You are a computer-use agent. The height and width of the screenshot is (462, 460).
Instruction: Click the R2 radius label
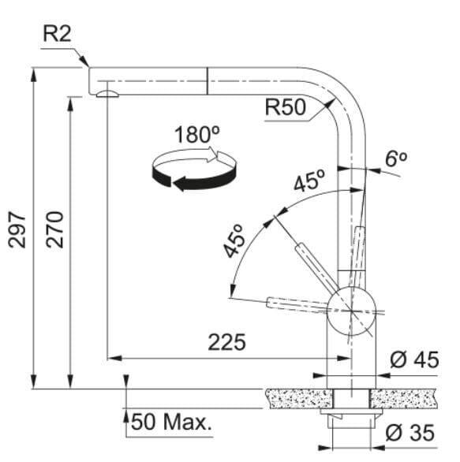(x=58, y=34)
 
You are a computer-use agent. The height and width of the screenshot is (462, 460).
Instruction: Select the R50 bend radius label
(x=285, y=106)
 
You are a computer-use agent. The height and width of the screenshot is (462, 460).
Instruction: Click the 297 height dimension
(x=17, y=229)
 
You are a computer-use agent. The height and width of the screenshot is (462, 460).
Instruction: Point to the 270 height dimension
(x=54, y=229)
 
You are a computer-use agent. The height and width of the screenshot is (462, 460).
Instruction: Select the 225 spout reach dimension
(x=226, y=342)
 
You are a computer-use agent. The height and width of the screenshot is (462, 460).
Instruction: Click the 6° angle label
(x=396, y=159)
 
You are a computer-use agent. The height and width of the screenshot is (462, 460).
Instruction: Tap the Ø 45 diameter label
(x=414, y=360)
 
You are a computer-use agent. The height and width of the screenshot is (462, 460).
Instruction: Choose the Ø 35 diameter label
(x=410, y=433)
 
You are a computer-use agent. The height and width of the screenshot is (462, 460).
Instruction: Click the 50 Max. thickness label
(x=171, y=421)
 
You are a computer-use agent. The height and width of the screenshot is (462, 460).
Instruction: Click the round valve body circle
(x=351, y=311)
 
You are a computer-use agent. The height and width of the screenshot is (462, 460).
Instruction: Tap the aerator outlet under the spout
(x=107, y=94)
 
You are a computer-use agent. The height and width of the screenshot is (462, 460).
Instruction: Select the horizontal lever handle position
(x=297, y=304)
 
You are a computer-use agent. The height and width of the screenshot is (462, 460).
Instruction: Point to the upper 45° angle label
(x=309, y=180)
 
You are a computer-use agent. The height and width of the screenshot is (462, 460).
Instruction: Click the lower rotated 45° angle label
(x=234, y=240)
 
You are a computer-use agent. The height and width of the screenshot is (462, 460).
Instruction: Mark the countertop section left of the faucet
(x=299, y=398)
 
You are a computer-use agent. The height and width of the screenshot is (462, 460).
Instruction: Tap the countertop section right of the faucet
(x=404, y=398)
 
